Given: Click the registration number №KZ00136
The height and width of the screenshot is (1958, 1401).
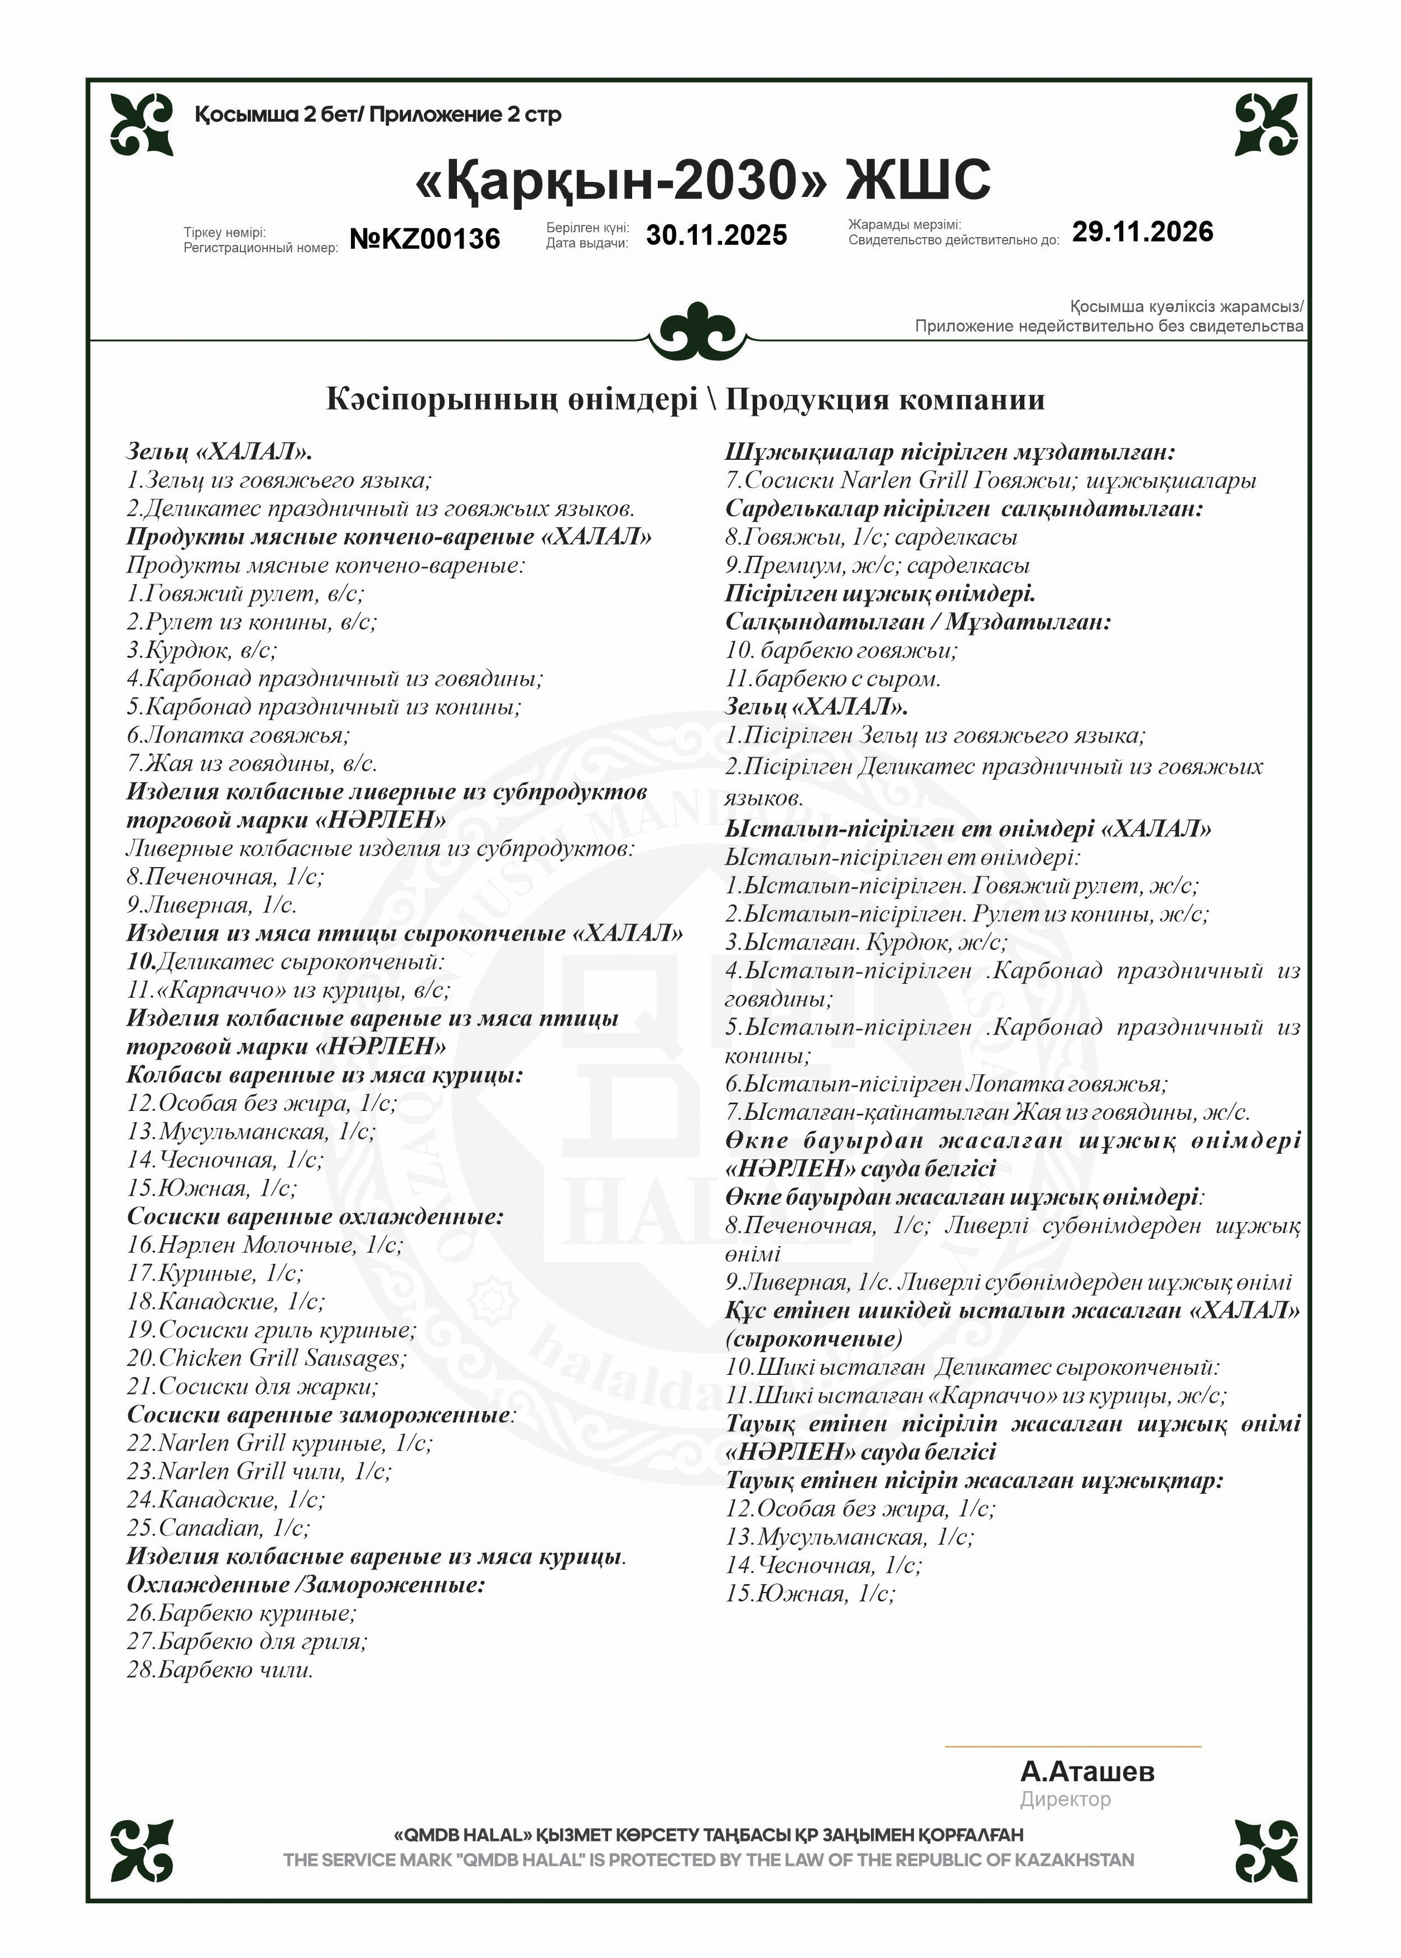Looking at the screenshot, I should [425, 238].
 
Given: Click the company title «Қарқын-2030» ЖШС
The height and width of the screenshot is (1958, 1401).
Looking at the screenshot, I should [702, 180].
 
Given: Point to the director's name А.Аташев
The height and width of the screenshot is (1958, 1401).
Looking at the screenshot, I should [1086, 1772].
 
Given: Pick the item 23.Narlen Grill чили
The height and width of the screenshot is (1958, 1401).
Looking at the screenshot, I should [259, 1471].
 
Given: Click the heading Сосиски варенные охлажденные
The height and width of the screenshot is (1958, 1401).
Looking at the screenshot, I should [315, 1216].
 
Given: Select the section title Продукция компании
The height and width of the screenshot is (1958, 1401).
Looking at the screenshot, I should [884, 400].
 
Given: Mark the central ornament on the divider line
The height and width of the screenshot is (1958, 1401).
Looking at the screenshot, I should [697, 332].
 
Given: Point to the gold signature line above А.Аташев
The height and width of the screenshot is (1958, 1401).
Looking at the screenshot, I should [1072, 1746].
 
